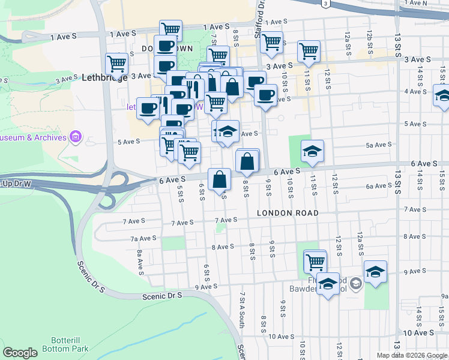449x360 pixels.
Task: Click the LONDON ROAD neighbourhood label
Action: click(288, 213)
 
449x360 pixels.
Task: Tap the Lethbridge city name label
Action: click(104, 77)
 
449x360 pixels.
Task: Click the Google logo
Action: click(20, 353)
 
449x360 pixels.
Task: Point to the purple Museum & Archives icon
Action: click(76, 137)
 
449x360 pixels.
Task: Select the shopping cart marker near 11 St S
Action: click(309, 51)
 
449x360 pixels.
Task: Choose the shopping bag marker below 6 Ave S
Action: click(220, 179)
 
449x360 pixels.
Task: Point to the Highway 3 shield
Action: click(325, 4)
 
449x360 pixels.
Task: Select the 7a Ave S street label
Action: click(143, 238)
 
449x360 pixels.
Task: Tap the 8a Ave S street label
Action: click(139, 263)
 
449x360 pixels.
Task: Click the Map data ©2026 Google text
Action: click(411, 355)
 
